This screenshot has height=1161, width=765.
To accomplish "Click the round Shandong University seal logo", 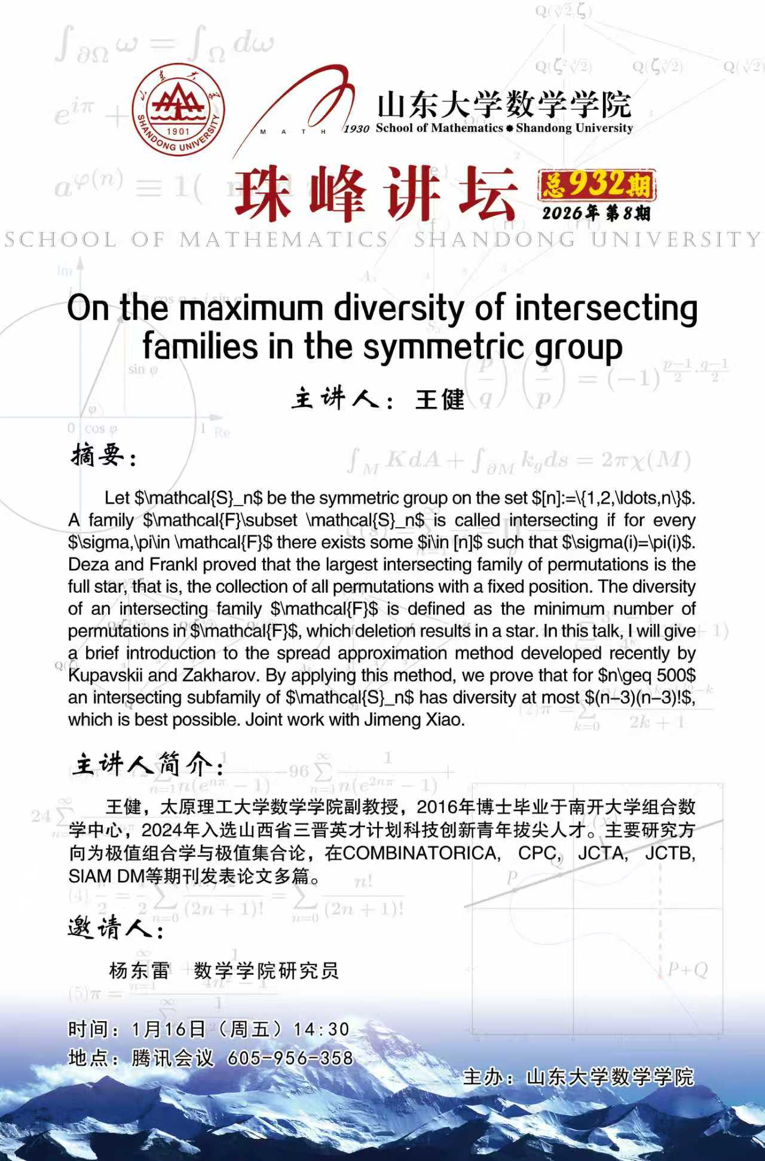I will tap(178, 117).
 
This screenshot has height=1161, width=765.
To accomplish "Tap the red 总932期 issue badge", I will tap(596, 185).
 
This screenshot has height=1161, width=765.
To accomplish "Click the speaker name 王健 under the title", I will tap(440, 399).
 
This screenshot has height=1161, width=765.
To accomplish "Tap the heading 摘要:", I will tap(104, 457).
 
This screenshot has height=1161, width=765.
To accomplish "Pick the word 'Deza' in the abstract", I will tap(88, 565).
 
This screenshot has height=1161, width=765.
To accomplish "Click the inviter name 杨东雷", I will tap(140, 970).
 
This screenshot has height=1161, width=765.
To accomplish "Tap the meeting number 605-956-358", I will tap(290, 1058).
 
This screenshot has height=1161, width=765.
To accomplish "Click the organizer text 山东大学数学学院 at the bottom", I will tap(610, 1077).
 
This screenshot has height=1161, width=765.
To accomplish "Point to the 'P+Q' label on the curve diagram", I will tap(687, 969).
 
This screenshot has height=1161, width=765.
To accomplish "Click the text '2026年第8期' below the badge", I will tap(596, 213).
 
